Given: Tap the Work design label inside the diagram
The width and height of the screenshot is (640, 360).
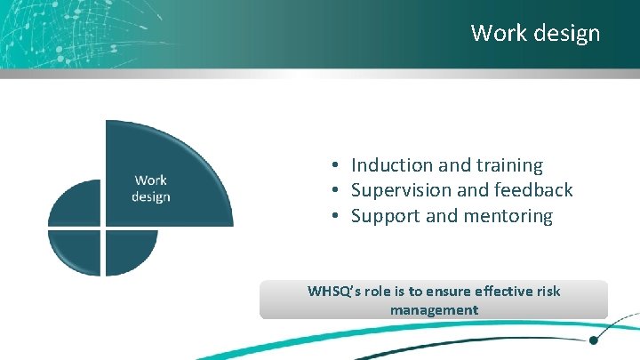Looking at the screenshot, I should (x=150, y=188).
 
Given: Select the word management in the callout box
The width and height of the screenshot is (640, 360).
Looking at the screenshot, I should (x=434, y=310).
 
